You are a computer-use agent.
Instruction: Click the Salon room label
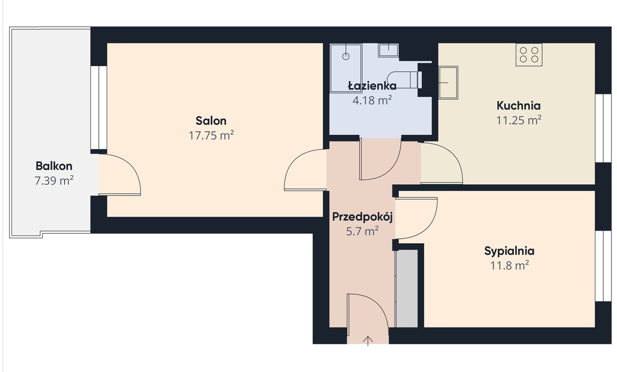(x=211, y=121)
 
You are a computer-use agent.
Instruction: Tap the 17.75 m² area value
(x=211, y=135)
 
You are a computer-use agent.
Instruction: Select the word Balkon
(x=54, y=166)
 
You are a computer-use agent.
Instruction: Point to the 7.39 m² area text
(x=54, y=181)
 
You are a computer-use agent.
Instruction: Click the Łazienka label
(x=372, y=85)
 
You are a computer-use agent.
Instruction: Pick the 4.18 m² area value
(x=372, y=101)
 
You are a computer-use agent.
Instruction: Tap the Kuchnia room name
(x=519, y=105)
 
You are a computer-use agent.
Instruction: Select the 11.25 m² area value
(x=519, y=120)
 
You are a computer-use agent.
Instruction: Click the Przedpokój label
(x=362, y=217)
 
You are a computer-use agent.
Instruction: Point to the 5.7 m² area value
(x=362, y=231)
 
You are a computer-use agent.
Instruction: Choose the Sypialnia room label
(x=509, y=251)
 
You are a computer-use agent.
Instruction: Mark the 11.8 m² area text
(x=509, y=265)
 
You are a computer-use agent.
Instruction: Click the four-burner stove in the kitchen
(x=529, y=55)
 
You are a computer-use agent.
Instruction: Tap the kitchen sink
(x=448, y=82)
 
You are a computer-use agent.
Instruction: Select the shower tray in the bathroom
(x=346, y=68)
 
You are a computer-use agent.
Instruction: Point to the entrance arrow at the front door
(x=368, y=341)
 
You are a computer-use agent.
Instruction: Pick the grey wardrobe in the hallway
(x=407, y=288)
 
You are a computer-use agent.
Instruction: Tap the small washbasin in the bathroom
(x=389, y=50)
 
